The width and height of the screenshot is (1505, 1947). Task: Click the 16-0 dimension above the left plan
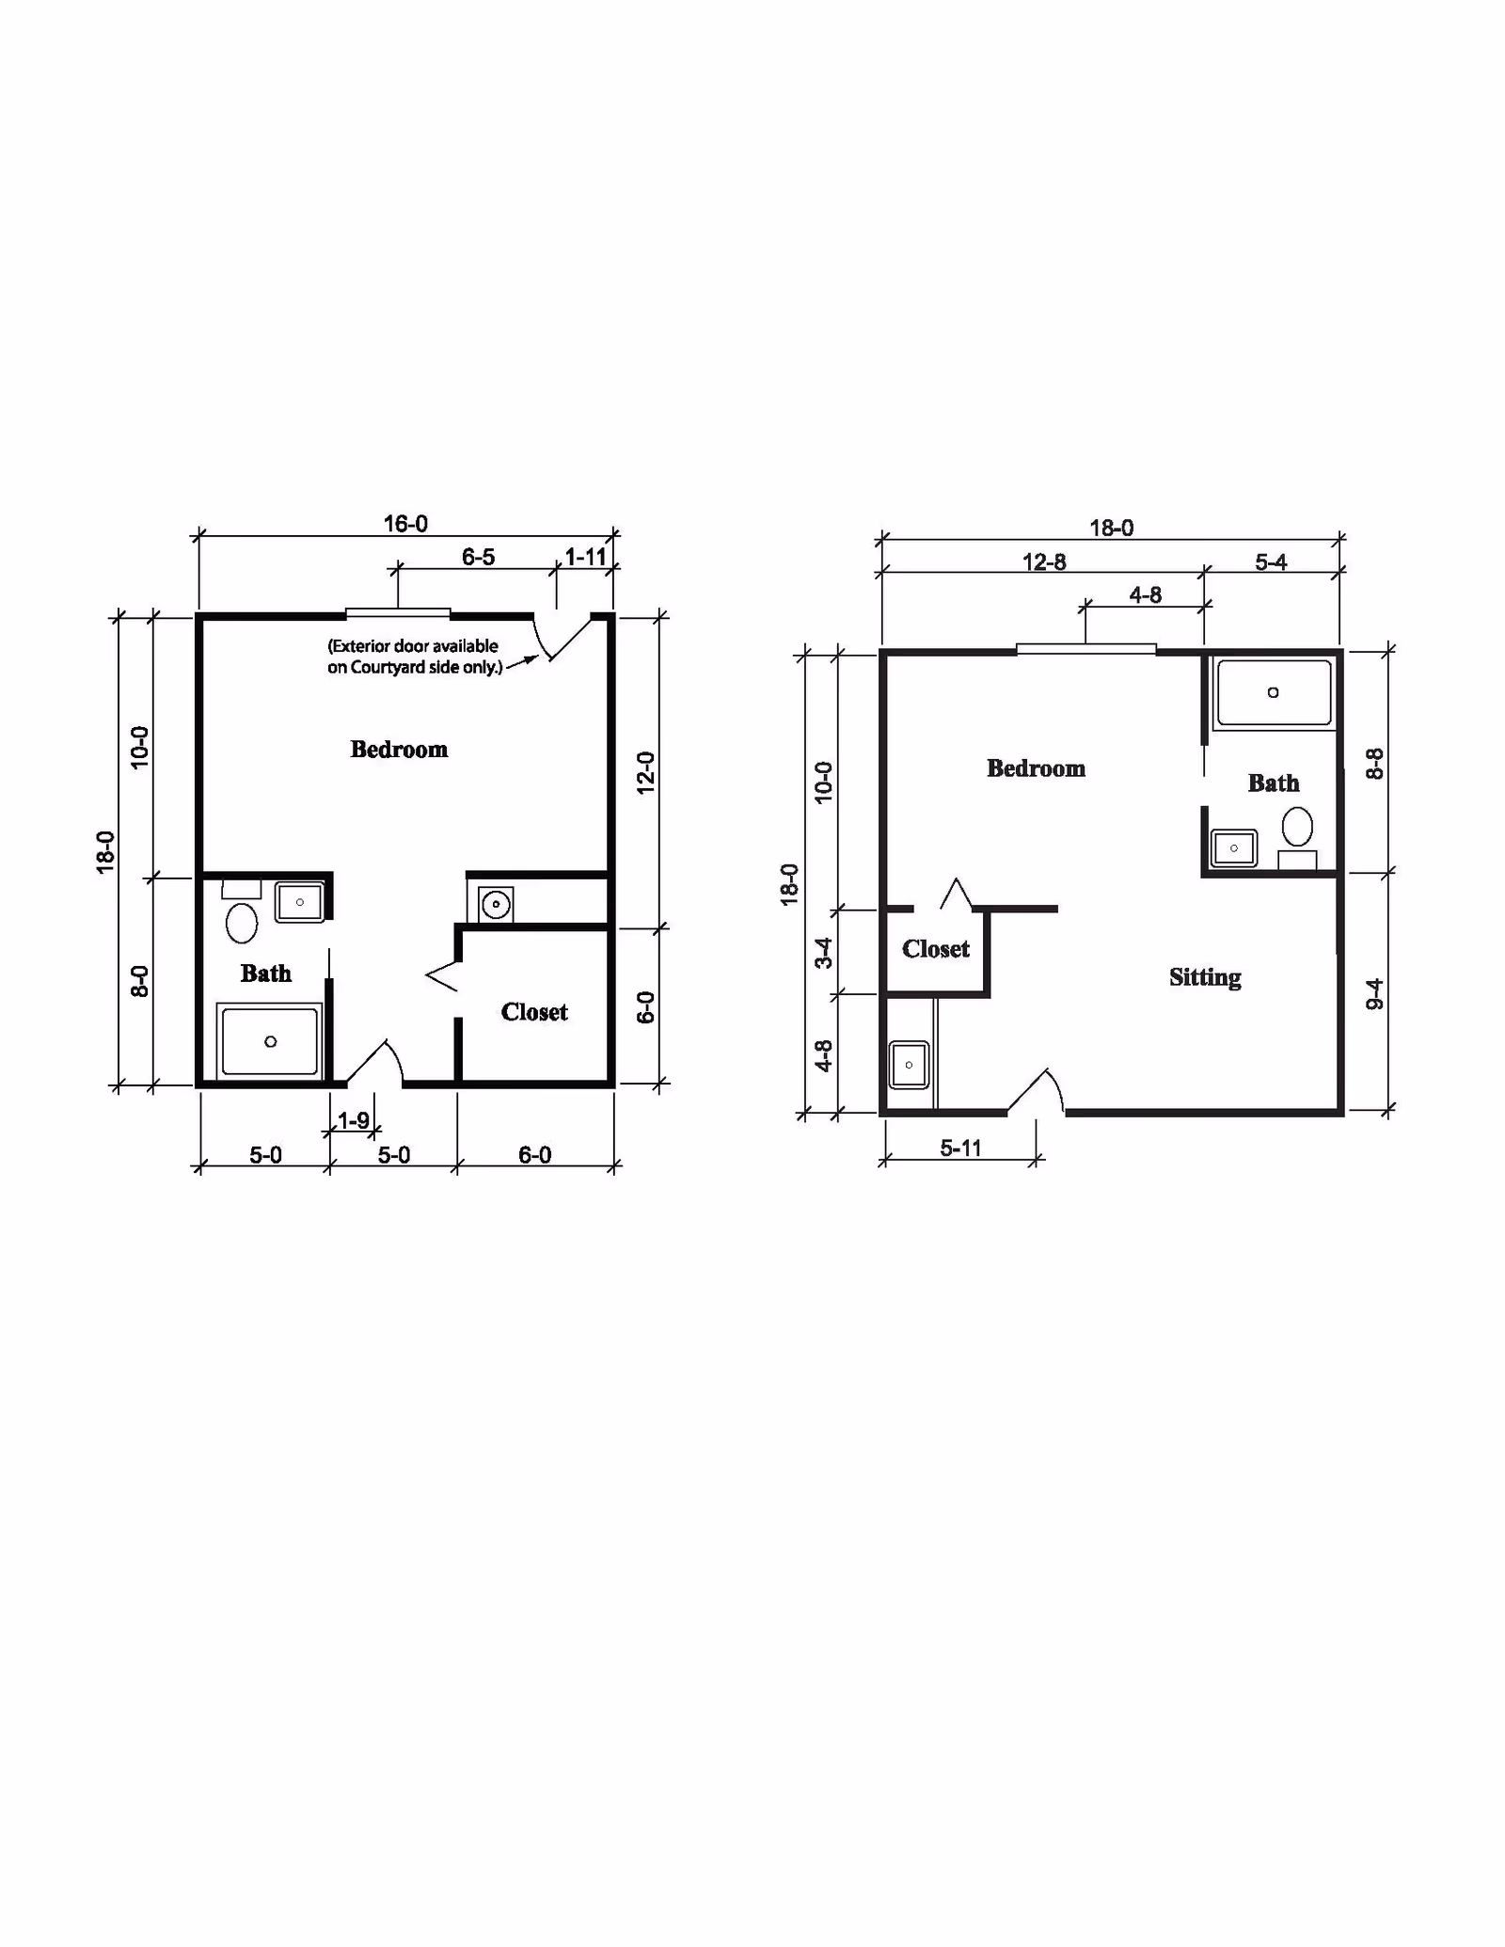[405, 524]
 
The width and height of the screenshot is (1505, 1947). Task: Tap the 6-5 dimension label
[478, 557]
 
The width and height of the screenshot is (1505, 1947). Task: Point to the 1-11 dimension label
[585, 557]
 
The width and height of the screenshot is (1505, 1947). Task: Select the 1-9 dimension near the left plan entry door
[354, 1120]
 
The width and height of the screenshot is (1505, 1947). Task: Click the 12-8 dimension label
[1044, 562]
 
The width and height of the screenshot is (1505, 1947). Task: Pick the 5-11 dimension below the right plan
[960, 1148]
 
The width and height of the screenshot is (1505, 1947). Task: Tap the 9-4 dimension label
[1375, 994]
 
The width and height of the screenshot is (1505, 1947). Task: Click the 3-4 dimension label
[824, 952]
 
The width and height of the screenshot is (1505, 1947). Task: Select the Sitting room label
[1205, 978]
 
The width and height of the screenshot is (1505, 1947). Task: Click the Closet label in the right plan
[936, 949]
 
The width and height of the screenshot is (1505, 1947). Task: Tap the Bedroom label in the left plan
[399, 750]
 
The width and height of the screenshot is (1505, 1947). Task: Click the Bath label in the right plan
[1274, 783]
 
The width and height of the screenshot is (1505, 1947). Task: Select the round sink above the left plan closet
[496, 905]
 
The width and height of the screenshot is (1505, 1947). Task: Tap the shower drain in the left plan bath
[271, 1041]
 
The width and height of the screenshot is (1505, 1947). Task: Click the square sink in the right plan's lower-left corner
[909, 1065]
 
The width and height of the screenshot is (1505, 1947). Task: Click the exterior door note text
[414, 657]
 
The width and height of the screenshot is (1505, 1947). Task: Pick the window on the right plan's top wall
[1086, 649]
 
